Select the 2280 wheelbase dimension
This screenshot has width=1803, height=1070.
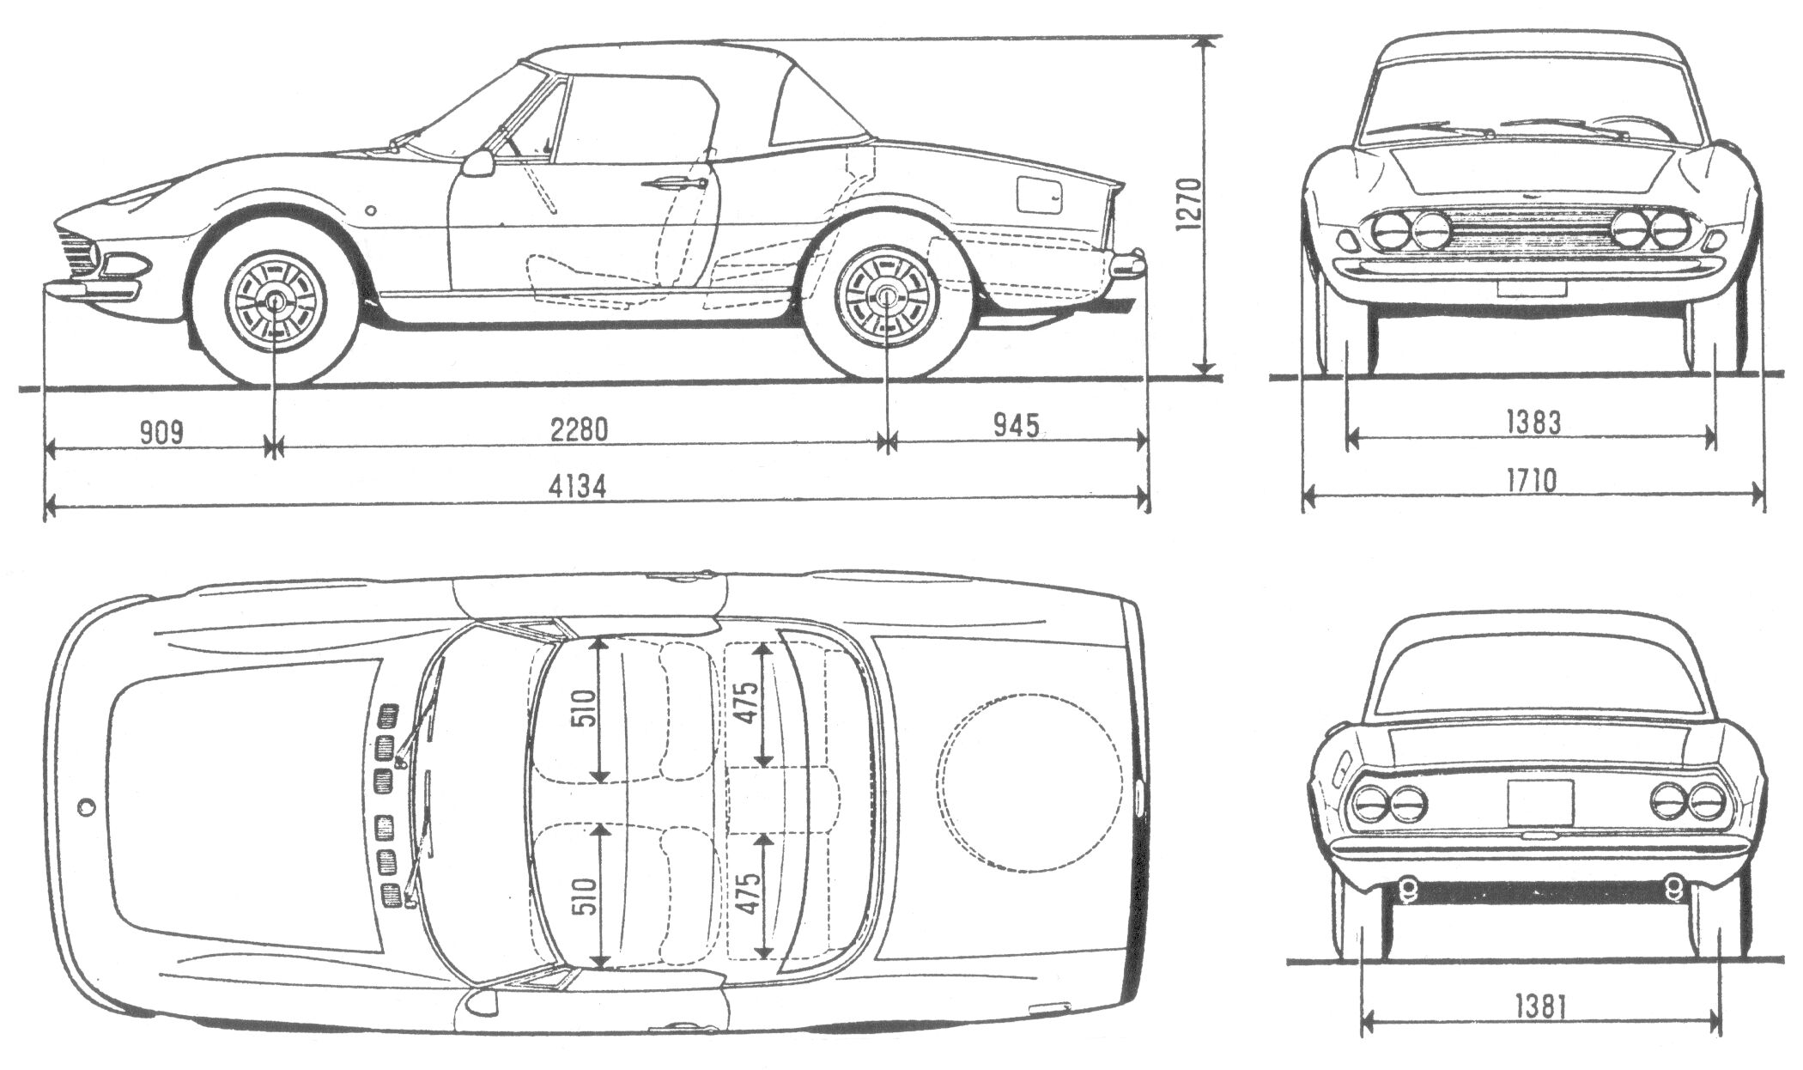tap(579, 429)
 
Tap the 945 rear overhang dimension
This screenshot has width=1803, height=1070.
tap(1016, 425)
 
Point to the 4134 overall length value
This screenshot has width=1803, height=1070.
tap(577, 487)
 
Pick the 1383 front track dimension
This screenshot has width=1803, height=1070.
tap(1533, 422)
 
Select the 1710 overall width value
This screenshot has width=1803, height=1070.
tap(1533, 480)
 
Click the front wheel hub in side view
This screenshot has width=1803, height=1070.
tap(276, 301)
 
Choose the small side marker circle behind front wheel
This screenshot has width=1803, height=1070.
tap(370, 210)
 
